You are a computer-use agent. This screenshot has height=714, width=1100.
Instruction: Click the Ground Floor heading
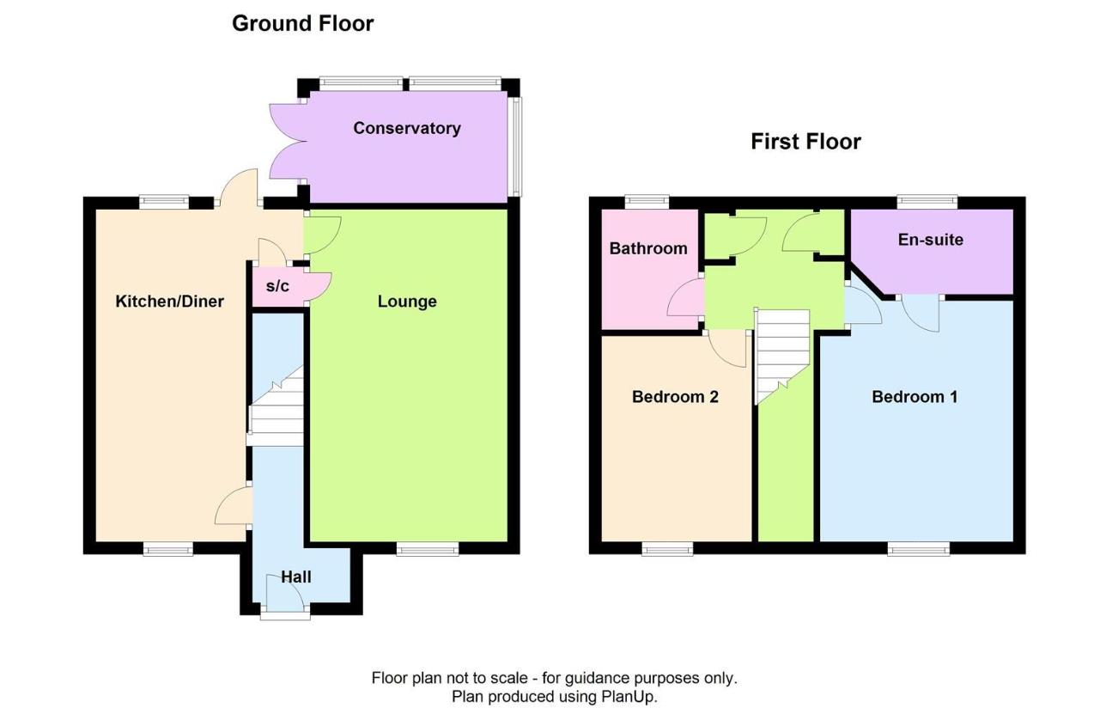coord(302,23)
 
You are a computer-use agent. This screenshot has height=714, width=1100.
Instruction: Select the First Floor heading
coord(805,142)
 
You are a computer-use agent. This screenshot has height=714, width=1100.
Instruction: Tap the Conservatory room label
coord(407,128)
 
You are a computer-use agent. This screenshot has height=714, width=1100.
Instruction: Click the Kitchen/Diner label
coord(169,302)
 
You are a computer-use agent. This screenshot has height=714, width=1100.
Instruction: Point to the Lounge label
coord(407,302)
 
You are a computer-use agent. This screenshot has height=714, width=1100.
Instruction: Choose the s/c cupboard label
coord(277,286)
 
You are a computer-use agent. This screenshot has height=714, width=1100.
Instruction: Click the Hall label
coord(296,577)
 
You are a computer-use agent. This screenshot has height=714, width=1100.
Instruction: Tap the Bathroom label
coord(648,248)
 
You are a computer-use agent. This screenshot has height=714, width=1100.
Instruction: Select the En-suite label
coord(931,240)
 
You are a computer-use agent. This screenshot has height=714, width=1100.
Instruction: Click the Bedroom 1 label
coord(915,397)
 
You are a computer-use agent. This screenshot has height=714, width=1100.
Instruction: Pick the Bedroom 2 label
coord(675,397)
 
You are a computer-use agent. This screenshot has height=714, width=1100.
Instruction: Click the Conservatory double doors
coord(288,142)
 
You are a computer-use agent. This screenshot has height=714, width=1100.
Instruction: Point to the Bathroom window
coord(647,201)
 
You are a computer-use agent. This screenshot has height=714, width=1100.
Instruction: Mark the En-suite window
coord(927,201)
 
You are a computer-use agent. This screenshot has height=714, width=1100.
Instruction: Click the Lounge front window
coord(428,549)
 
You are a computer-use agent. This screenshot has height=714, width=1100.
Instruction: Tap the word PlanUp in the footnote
coord(629,697)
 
